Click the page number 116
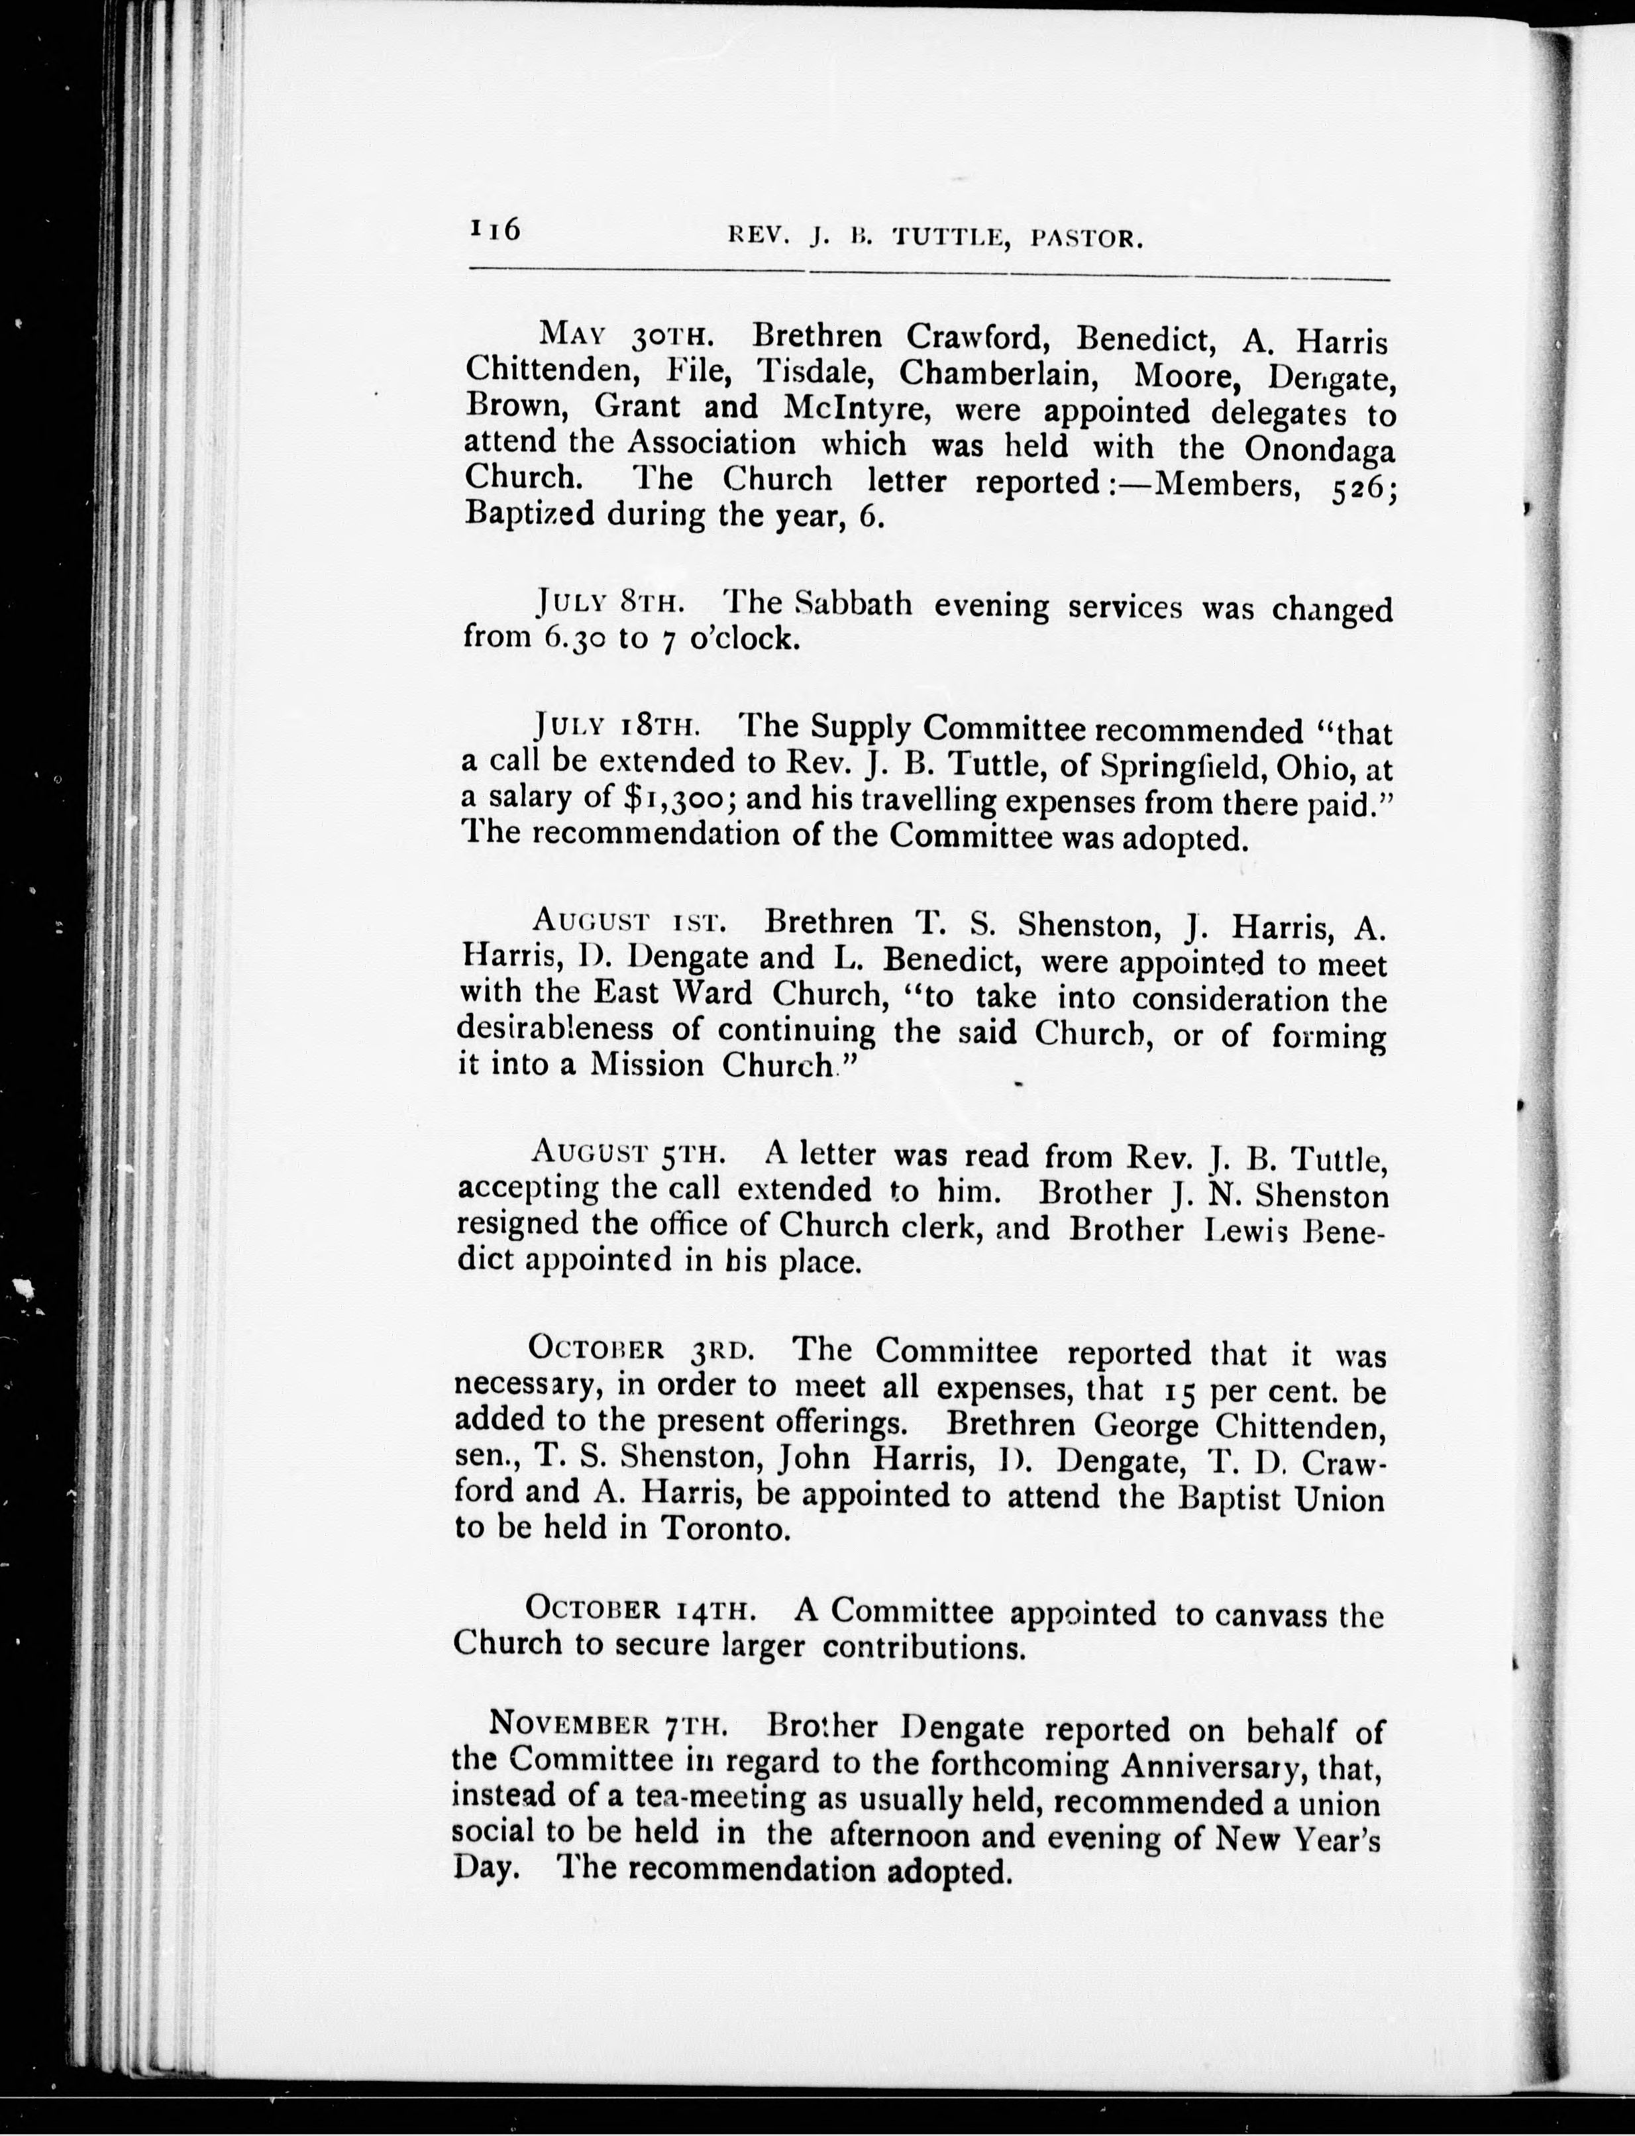tap(496, 231)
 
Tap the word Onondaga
tap(1319, 451)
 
